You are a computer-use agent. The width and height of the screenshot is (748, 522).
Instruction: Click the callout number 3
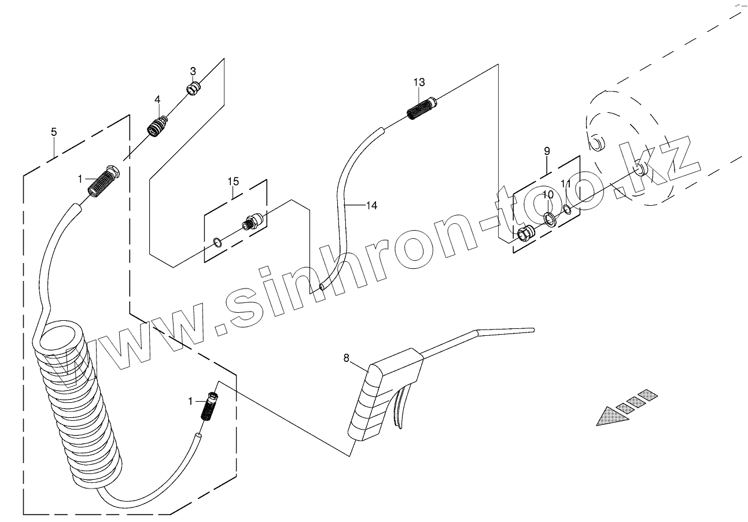pos(193,71)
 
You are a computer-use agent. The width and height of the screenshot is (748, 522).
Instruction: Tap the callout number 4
pos(157,100)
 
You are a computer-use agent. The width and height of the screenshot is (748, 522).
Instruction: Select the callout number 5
pos(54,132)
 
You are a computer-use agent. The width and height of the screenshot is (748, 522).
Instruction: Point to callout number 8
pos(347,358)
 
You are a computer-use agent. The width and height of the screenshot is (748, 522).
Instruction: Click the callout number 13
pos(419,83)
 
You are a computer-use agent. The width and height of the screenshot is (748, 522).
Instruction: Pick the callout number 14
pos(371,205)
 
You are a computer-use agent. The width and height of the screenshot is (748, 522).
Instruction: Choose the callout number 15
pos(233,182)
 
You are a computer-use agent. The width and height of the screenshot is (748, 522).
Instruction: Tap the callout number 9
pos(547,151)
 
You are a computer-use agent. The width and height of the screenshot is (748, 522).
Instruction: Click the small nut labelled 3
pos(193,88)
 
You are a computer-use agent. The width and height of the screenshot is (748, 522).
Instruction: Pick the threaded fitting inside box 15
pos(253,220)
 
